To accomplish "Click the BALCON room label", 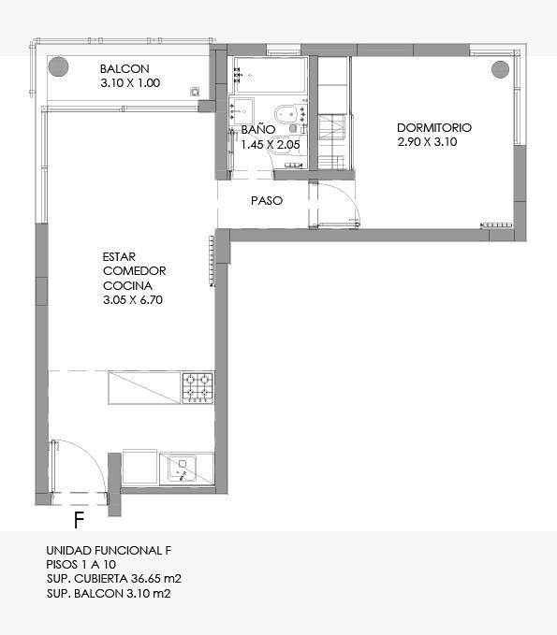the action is (125, 69).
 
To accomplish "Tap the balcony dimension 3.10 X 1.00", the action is (130, 83).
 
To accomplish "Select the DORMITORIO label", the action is (434, 128).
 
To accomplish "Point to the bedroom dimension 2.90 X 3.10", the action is (427, 142).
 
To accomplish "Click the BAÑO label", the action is (258, 130).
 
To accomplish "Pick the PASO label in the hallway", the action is (267, 201).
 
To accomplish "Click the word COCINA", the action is (127, 286).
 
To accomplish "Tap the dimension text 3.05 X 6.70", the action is (133, 300).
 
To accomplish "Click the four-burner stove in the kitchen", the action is (198, 388).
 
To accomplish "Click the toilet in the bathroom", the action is (291, 115).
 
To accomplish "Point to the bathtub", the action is (270, 75).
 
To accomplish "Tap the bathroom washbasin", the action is (242, 110).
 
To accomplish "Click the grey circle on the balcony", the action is (58, 66).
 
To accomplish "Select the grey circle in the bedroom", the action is (500, 69).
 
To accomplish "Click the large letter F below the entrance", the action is (79, 520).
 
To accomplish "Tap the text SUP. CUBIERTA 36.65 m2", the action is (114, 579).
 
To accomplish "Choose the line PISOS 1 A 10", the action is (81, 565).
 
